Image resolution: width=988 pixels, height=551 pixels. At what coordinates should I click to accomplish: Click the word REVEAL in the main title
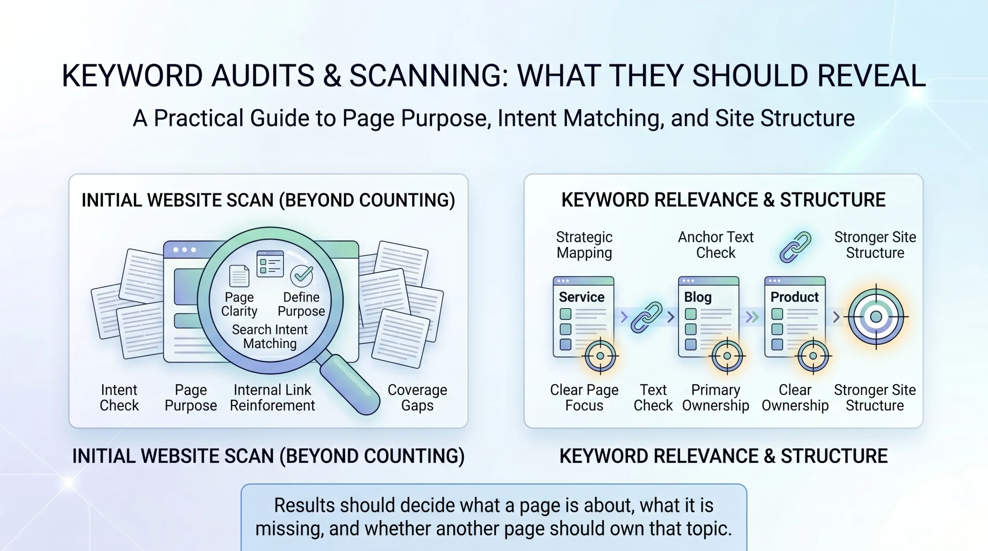[x=871, y=76]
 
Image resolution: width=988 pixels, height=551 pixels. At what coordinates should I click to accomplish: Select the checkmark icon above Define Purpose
[x=301, y=275]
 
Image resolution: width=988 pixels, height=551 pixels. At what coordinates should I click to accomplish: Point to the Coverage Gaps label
[x=417, y=398]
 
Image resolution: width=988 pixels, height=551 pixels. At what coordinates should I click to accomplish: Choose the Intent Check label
[x=119, y=398]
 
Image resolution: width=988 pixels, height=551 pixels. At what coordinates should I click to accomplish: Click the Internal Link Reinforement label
[x=272, y=398]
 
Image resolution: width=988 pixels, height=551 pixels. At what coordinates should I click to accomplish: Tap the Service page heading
[x=582, y=297]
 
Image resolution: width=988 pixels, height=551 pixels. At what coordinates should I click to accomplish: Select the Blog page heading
[x=698, y=297]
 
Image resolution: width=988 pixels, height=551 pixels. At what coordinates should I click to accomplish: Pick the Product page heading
[x=794, y=297]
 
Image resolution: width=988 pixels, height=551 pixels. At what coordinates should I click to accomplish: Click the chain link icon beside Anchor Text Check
[x=795, y=247]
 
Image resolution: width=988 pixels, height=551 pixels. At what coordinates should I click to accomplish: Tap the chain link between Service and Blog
[x=646, y=317]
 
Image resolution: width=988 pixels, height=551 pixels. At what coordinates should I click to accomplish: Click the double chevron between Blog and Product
[x=752, y=317]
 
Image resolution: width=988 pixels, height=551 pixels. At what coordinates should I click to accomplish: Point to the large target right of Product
[x=876, y=317]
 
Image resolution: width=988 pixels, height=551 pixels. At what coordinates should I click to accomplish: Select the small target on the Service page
[x=600, y=356]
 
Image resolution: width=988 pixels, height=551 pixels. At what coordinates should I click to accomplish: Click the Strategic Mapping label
[x=584, y=245]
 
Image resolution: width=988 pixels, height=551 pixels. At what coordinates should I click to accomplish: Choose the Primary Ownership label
[x=716, y=398]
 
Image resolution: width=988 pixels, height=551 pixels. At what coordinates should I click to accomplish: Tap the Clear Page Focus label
[x=584, y=398]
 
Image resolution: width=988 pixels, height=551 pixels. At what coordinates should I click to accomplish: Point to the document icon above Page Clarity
[x=239, y=276]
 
